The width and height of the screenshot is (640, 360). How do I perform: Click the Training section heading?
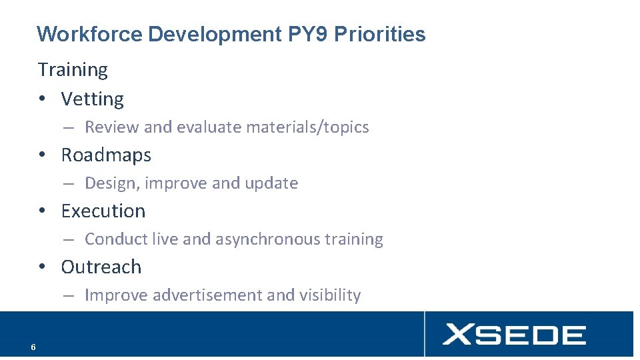[x=73, y=69]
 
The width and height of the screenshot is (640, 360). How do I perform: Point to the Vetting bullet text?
[x=92, y=99]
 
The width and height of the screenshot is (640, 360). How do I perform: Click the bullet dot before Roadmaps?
[x=42, y=155]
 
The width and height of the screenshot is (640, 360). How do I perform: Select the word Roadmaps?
[x=106, y=155]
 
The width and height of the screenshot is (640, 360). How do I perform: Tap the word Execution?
[x=103, y=211]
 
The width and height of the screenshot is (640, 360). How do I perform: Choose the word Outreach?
[x=101, y=267]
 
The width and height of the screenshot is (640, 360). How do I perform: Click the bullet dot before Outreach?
[x=42, y=267]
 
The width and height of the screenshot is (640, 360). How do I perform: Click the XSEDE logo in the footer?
[x=514, y=334]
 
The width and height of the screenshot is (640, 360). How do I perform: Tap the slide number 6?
[x=33, y=347]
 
